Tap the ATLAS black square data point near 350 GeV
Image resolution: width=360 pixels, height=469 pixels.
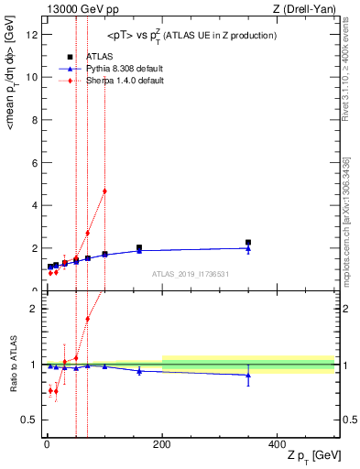click(x=248, y=243)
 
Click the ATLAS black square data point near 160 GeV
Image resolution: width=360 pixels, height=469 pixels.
click(x=139, y=247)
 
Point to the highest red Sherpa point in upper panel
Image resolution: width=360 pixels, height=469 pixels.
click(x=104, y=191)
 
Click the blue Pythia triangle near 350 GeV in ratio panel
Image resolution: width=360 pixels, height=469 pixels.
click(x=248, y=375)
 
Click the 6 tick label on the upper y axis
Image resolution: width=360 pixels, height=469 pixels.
click(x=35, y=163)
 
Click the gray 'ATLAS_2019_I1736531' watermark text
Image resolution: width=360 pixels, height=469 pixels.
click(x=190, y=274)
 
